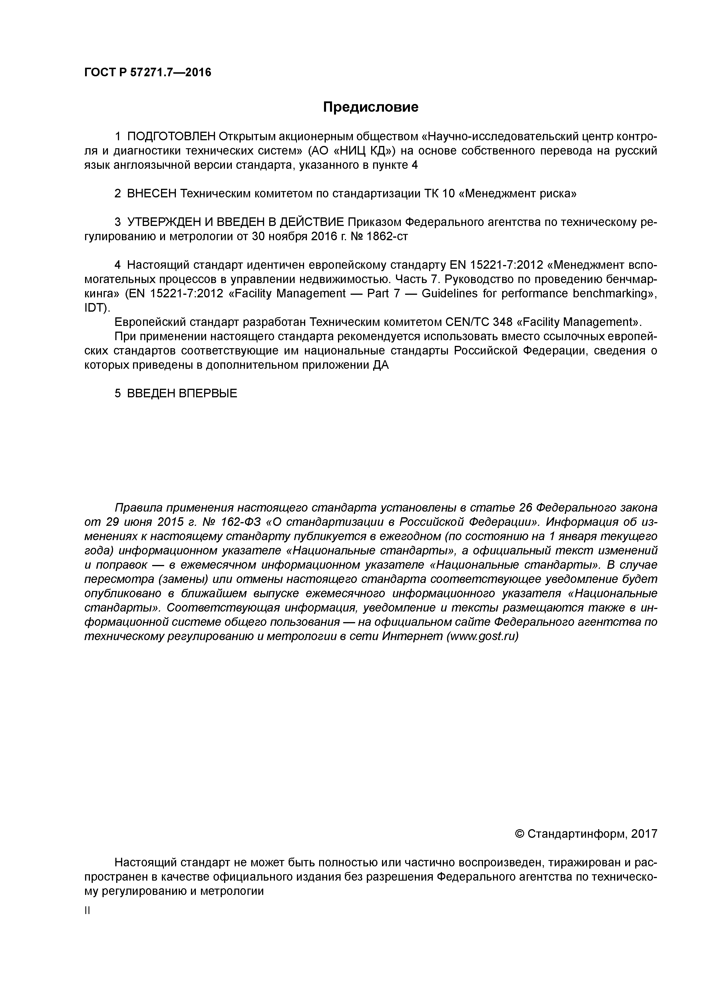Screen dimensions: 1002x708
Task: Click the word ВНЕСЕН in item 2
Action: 152,194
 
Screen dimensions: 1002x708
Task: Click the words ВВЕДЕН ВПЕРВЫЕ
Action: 182,393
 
